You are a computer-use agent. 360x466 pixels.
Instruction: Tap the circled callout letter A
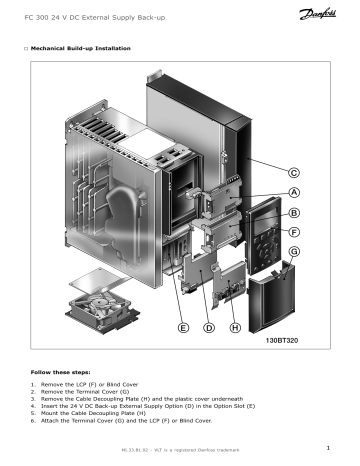(x=295, y=192)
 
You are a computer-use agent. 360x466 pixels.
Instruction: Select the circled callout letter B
(x=295, y=212)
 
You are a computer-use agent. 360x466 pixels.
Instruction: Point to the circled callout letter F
(x=295, y=232)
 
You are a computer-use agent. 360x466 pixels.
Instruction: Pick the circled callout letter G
(x=295, y=253)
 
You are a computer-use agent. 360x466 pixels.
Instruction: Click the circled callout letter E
(x=183, y=327)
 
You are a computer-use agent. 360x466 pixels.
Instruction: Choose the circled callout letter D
(x=209, y=327)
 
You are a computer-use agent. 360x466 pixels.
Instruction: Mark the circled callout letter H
(x=235, y=327)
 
